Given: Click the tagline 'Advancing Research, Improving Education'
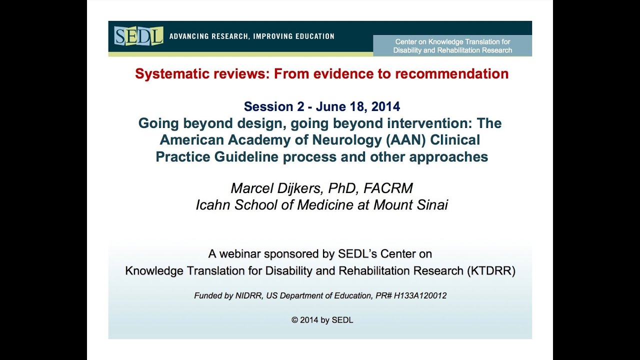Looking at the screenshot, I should pos(252,36).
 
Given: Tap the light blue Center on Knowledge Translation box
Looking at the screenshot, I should pos(452,46).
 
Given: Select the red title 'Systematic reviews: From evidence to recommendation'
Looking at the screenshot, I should pos(321,74).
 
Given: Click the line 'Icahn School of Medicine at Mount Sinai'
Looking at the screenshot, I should pos(321,205).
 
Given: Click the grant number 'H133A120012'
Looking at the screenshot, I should pos(420,296).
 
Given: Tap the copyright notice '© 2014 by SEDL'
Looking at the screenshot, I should pos(322,320).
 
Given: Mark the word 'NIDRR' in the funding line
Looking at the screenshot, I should pos(251,296).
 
